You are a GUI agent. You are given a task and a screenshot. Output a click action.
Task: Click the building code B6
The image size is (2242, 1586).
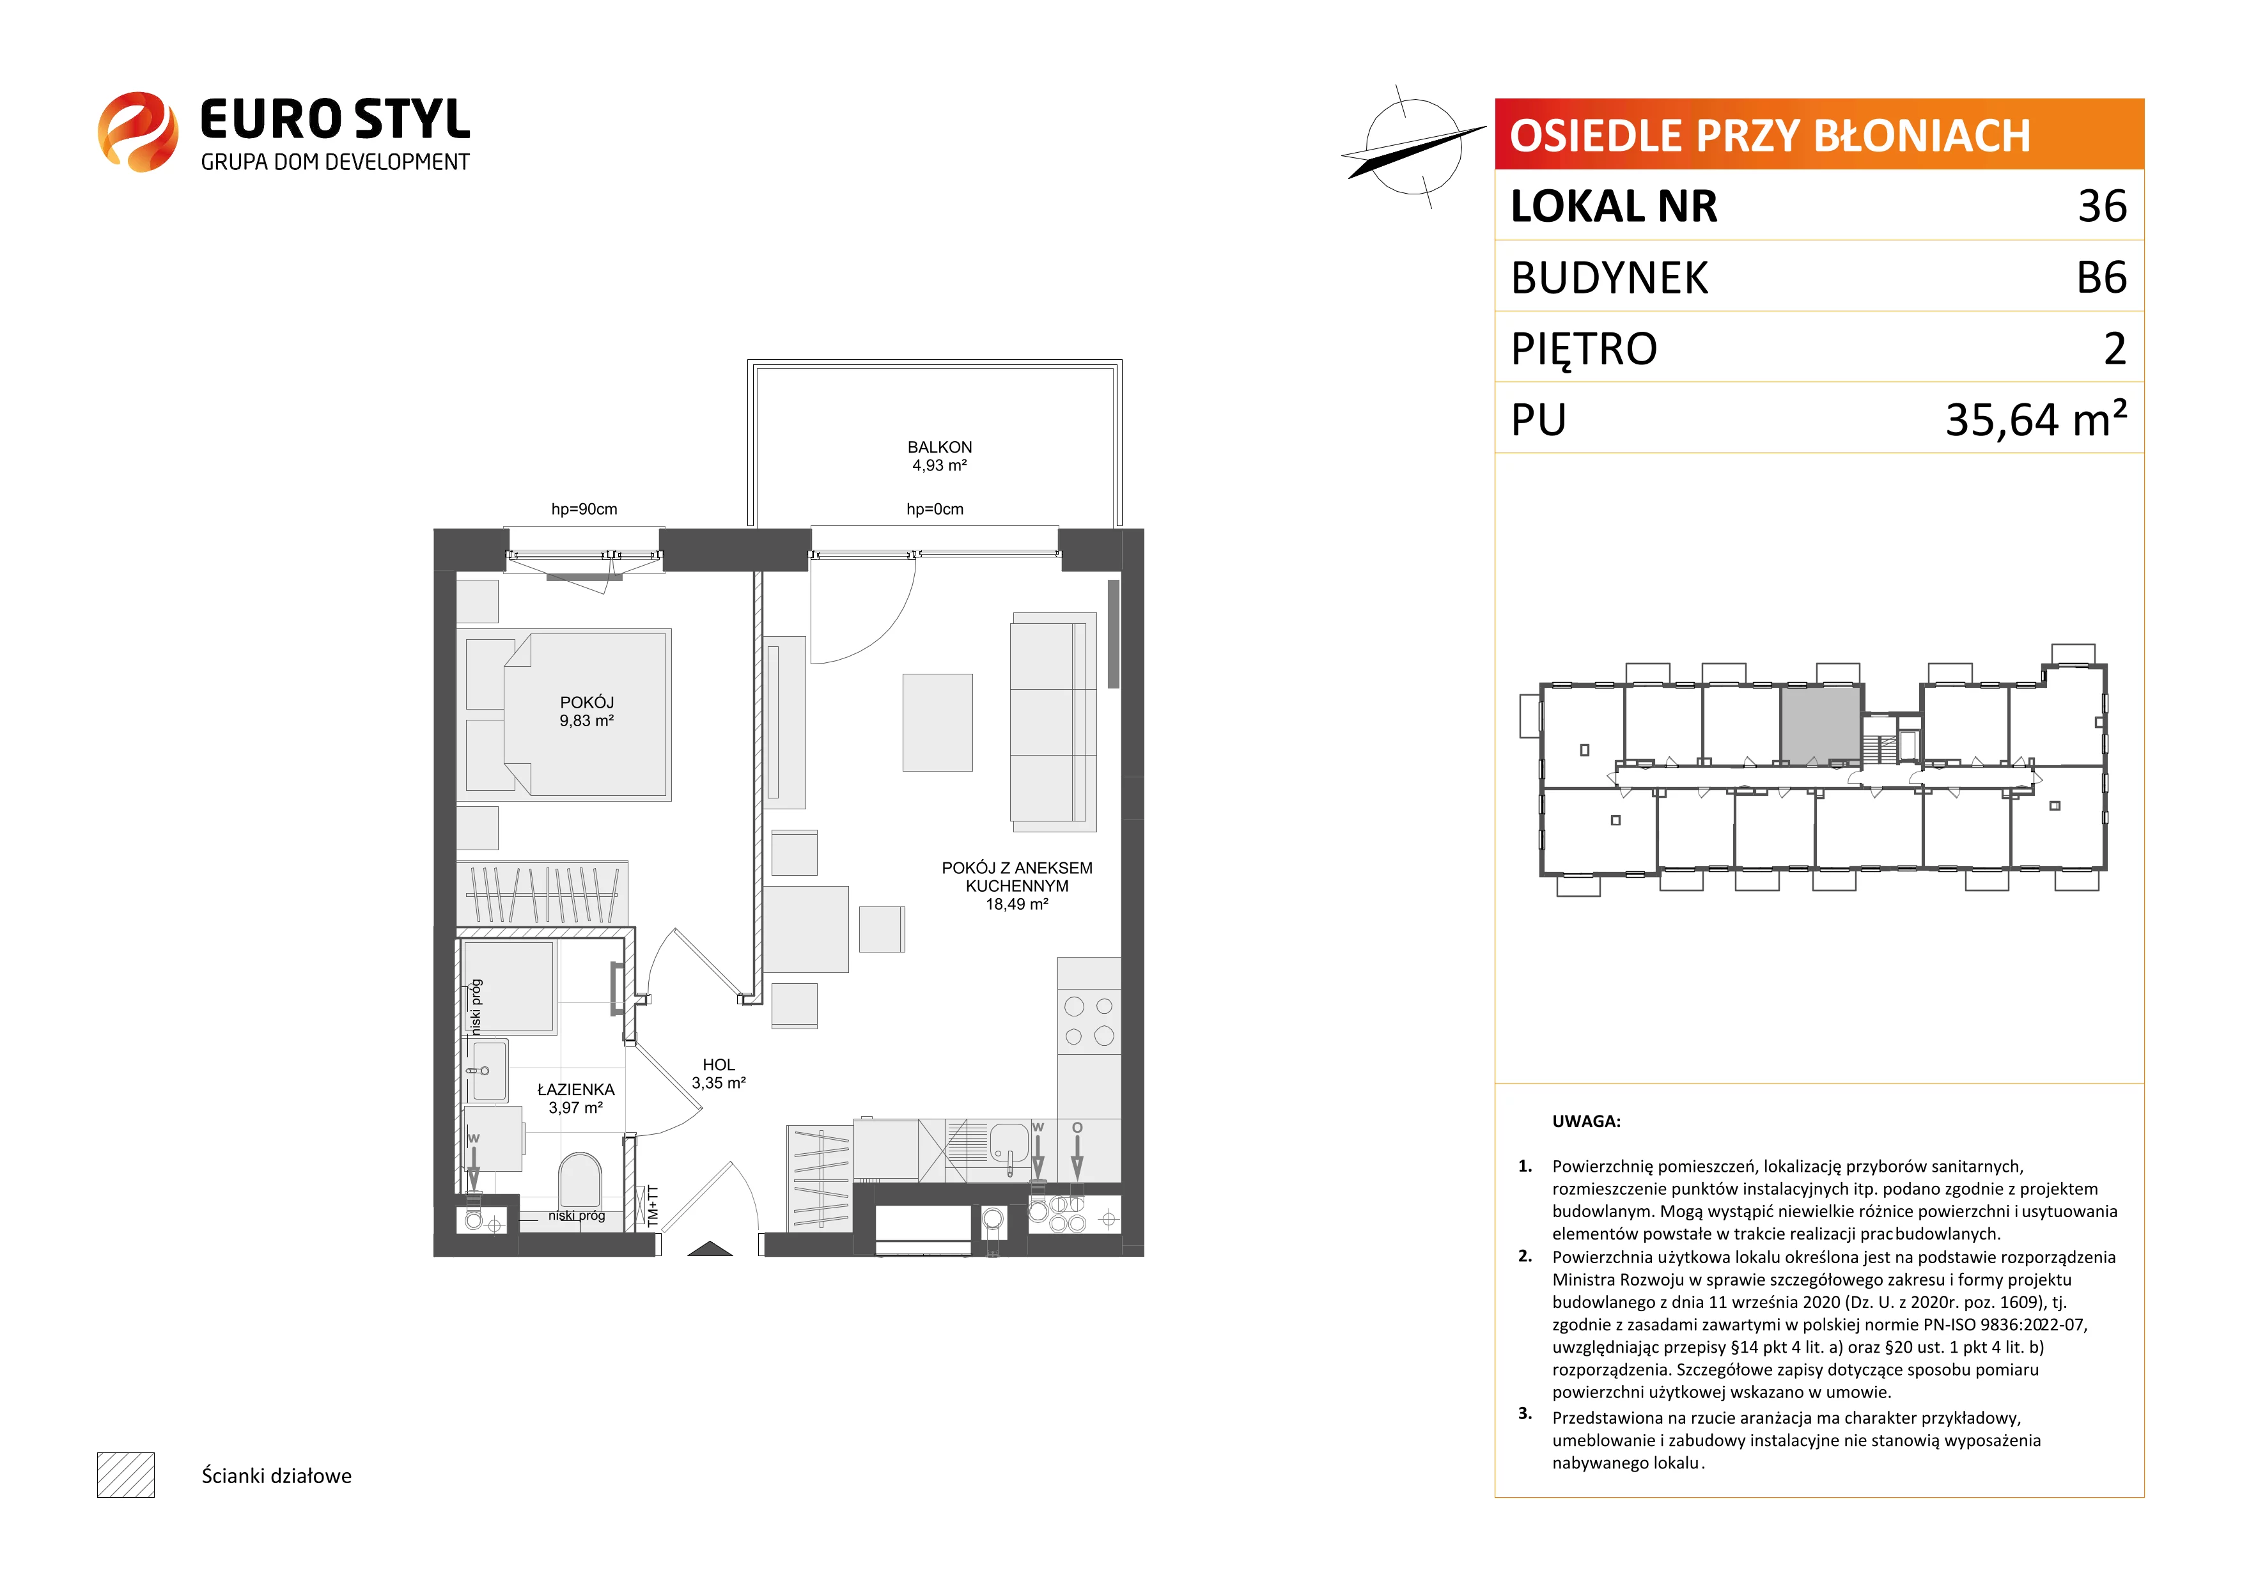pyautogui.click(x=2101, y=277)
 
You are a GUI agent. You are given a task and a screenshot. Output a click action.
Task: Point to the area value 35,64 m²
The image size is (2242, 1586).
pyautogui.click(x=2036, y=419)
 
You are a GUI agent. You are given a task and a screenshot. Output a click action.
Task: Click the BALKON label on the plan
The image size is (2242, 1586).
pyautogui.click(x=939, y=447)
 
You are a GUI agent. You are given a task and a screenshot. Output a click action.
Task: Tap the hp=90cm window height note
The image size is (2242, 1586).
pyautogui.click(x=584, y=509)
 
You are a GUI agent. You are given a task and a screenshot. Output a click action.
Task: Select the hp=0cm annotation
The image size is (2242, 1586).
pyautogui.click(x=935, y=509)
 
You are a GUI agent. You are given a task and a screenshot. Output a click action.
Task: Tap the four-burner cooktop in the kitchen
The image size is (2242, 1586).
pyautogui.click(x=1089, y=1022)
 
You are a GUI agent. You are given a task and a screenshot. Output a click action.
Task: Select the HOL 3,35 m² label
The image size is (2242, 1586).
pyautogui.click(x=719, y=1073)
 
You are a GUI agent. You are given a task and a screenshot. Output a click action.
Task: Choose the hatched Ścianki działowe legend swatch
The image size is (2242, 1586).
pyautogui.click(x=126, y=1475)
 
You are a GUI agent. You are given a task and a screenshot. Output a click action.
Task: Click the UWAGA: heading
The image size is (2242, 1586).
pyautogui.click(x=1586, y=1121)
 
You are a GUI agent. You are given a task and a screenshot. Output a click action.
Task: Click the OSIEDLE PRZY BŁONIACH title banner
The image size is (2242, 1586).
pyautogui.click(x=1819, y=134)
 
